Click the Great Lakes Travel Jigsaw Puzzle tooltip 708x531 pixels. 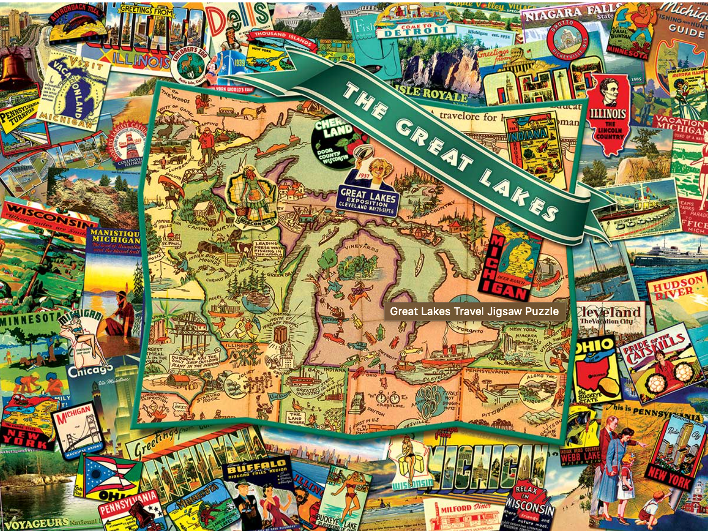tap(474, 311)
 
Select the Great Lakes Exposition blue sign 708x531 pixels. tap(368, 199)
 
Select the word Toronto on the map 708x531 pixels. tap(470, 331)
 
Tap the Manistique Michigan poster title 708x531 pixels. tap(113, 237)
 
